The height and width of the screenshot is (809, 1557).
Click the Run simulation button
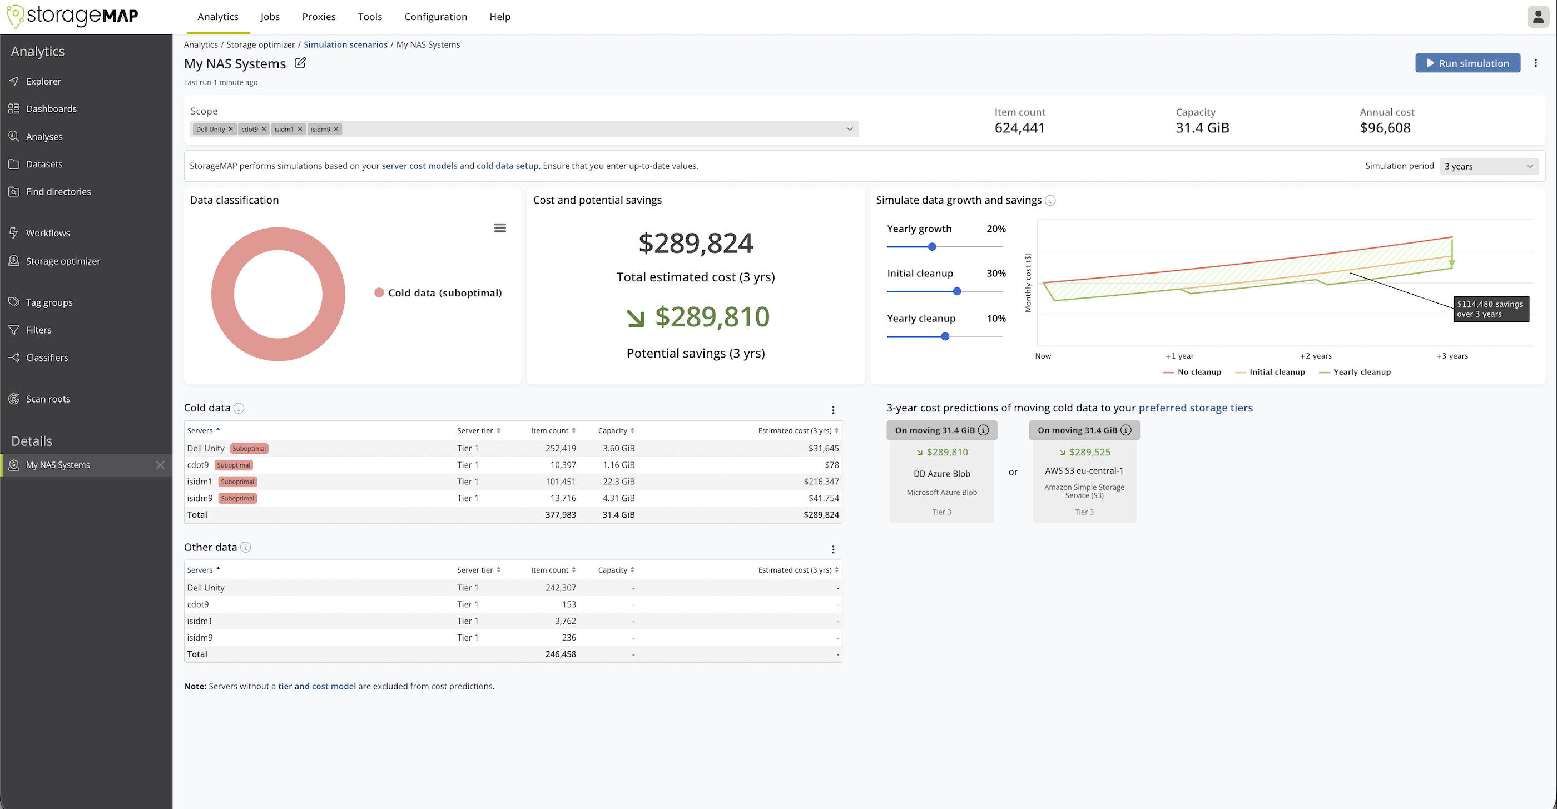pos(1467,63)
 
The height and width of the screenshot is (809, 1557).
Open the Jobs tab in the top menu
pos(270,17)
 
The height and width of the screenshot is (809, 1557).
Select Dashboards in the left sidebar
pos(51,109)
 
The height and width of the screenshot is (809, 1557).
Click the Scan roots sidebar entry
pos(48,399)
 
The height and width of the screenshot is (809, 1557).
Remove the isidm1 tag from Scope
pos(300,130)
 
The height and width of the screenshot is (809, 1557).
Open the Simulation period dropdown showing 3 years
pos(1488,166)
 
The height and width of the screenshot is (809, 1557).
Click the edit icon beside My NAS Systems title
pos(300,63)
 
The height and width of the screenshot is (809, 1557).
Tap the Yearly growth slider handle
pos(932,246)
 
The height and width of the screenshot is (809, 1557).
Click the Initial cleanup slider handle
pos(957,292)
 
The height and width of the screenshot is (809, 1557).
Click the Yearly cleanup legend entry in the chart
pos(1361,372)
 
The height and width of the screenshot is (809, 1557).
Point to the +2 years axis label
pos(1315,356)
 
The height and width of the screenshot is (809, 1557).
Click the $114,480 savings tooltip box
pos(1490,309)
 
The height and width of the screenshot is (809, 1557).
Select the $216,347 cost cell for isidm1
pos(821,482)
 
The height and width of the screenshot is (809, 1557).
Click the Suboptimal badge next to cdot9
pos(234,465)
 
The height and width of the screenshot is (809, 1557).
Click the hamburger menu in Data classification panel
pos(500,228)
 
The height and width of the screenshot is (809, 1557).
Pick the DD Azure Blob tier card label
pos(941,474)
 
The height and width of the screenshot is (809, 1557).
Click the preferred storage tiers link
pos(1195,408)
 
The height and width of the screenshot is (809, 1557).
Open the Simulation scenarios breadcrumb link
pos(345,44)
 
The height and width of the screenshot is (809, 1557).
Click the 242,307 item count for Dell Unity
pos(561,588)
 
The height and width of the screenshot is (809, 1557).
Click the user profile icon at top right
pos(1538,17)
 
